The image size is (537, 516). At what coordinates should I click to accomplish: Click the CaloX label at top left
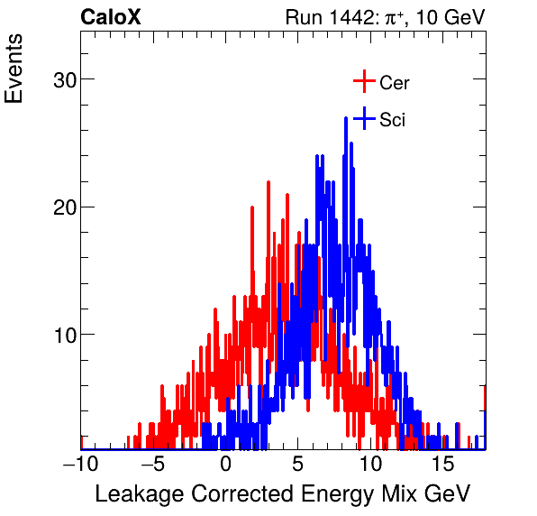[111, 17]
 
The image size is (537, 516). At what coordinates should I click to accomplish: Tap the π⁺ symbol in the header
[393, 17]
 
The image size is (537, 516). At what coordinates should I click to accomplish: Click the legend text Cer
[395, 83]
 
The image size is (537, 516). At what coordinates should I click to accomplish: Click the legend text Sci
[392, 120]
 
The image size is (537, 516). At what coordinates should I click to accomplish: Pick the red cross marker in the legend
[363, 82]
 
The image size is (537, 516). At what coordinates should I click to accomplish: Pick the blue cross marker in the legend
[363, 119]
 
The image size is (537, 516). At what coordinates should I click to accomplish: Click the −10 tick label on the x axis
[79, 465]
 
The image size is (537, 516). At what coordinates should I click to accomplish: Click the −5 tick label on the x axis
[152, 465]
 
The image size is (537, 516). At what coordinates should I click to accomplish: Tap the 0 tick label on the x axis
[225, 465]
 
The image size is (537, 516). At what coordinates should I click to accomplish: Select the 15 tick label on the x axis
[441, 465]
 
